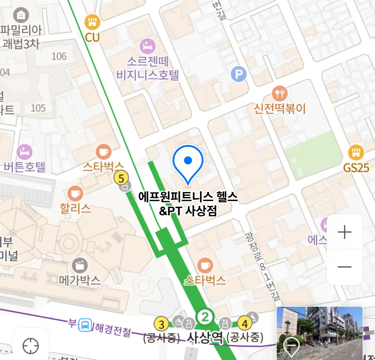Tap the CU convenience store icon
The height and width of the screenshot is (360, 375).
(92, 22)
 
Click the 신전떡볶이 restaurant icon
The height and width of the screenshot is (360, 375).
(280, 94)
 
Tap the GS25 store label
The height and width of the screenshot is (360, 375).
(356, 168)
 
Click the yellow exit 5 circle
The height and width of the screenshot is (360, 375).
(121, 178)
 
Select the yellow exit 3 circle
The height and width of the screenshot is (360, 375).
(161, 324)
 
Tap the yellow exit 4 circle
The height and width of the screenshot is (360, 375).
(245, 324)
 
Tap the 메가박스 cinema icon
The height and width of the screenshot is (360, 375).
(80, 266)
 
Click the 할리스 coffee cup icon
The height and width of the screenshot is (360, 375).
(75, 193)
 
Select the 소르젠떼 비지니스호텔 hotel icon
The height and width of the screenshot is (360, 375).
(148, 46)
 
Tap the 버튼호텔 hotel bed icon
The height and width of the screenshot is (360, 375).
(24, 152)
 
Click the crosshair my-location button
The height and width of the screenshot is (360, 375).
(31, 346)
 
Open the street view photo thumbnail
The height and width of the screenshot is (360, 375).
(319, 332)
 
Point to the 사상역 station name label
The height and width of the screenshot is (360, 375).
(205, 338)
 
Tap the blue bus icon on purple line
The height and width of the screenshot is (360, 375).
(85, 325)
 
